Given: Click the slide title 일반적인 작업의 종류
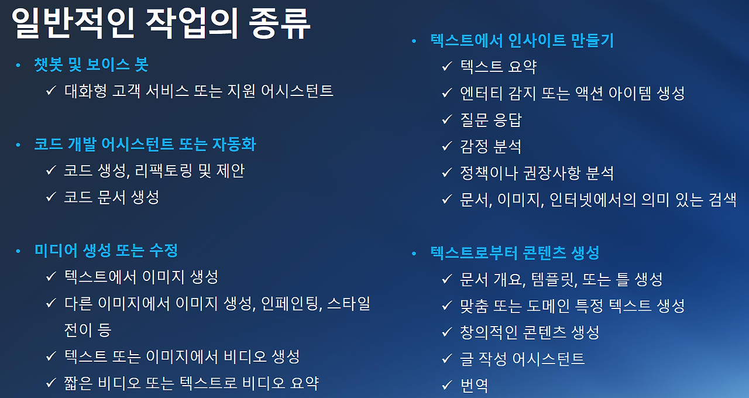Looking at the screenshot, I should [161, 25].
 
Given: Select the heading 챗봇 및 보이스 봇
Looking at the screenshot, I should [91, 65].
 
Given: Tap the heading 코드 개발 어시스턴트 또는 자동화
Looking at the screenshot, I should [145, 144].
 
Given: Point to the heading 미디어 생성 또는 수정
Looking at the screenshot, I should [106, 251].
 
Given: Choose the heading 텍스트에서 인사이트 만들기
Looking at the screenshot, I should [521, 40].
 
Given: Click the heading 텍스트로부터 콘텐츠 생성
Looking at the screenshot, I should [514, 253].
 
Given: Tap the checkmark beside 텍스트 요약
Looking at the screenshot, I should [446, 66].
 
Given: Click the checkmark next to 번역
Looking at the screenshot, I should [446, 385].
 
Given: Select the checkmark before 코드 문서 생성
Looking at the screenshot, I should [51, 197].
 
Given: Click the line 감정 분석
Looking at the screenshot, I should [490, 146].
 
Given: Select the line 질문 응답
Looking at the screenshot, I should [490, 120].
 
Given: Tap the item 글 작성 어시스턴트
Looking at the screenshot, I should [522, 358].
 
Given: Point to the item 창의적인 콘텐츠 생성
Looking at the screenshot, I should [530, 332].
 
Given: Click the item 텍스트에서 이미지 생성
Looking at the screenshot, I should [141, 276].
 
